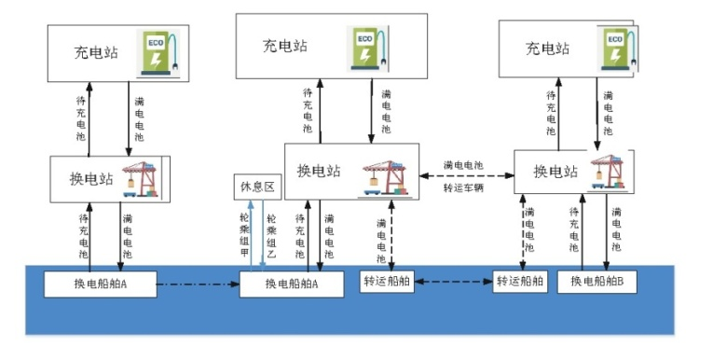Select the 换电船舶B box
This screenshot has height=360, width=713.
point(596,282)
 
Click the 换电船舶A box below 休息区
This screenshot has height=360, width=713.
point(292,284)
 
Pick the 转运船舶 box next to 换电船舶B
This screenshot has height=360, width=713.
point(520,282)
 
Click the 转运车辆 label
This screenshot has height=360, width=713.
point(463,187)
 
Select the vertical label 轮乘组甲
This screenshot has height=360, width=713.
point(244,237)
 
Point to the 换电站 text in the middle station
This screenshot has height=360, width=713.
point(319,171)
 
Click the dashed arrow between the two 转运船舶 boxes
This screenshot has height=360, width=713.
point(454,282)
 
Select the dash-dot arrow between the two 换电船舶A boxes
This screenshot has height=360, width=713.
point(198,283)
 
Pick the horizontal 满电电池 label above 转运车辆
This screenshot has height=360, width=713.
point(463,164)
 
